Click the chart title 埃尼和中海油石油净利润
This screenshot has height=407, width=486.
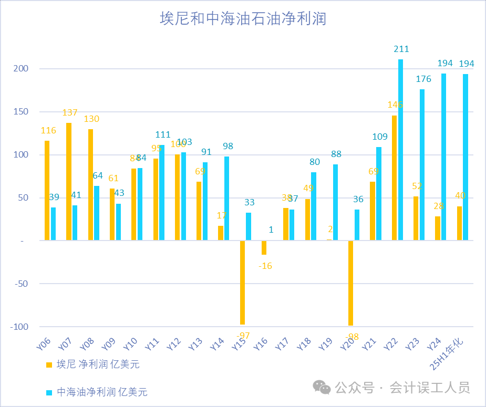[243, 19]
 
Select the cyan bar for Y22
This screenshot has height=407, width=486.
[401, 150]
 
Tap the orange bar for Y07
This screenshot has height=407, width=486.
[69, 182]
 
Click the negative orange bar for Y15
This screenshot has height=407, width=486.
[243, 283]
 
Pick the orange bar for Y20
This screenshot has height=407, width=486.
[351, 283]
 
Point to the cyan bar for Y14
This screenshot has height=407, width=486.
[227, 199]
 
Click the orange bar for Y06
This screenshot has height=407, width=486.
[47, 191]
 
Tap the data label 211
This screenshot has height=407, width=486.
[401, 49]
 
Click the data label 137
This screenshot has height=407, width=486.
[69, 113]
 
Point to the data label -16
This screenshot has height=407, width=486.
[265, 266]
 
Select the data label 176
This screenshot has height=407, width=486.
[423, 79]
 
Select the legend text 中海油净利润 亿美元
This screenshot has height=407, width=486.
[102, 392]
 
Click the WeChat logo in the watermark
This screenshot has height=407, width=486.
[322, 388]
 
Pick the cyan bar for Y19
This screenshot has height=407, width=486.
[336, 202]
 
